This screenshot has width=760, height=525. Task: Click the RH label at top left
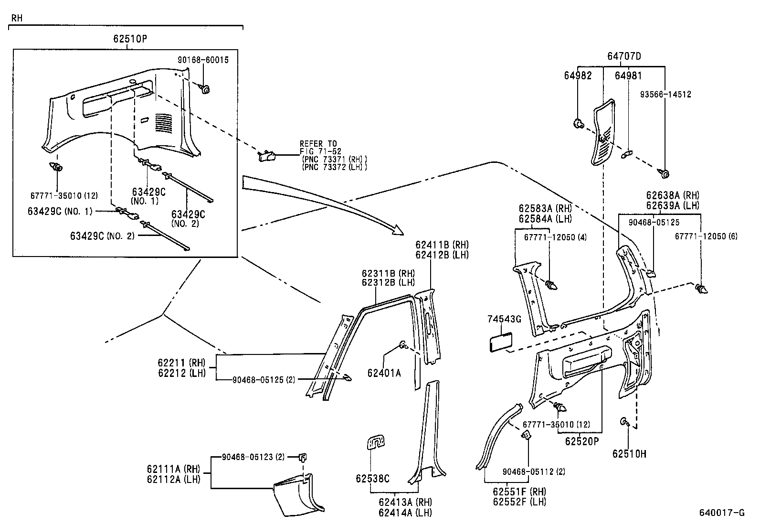click(x=17, y=18)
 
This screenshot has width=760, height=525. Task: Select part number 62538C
click(x=372, y=478)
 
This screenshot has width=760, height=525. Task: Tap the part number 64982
click(x=578, y=75)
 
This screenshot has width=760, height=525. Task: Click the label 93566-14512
click(x=665, y=95)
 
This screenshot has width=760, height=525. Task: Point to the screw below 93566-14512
click(x=664, y=173)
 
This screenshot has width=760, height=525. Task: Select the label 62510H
click(x=629, y=453)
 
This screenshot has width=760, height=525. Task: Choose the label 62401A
click(x=384, y=373)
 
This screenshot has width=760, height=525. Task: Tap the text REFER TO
click(x=318, y=143)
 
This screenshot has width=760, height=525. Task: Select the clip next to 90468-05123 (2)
click(x=302, y=458)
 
